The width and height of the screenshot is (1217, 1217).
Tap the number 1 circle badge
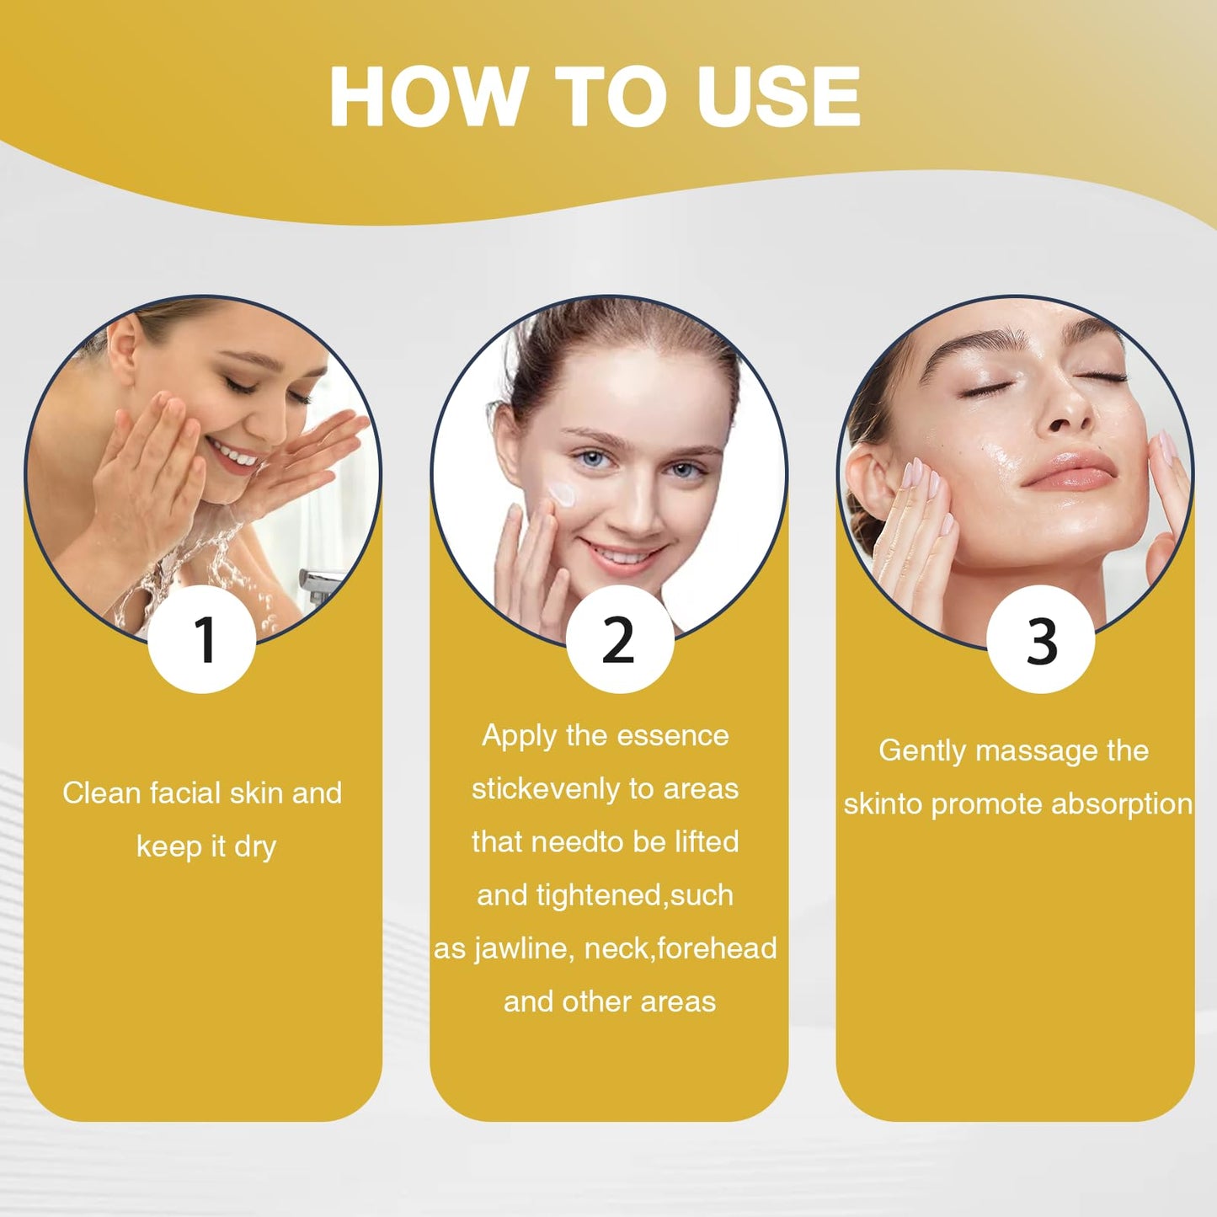(202, 639)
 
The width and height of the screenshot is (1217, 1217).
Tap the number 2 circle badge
(620, 639)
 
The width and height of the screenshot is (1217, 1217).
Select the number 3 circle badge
(1041, 639)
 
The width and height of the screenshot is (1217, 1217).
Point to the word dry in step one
(255, 847)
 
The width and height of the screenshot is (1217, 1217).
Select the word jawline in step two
(523, 949)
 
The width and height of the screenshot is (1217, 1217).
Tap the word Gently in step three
(923, 752)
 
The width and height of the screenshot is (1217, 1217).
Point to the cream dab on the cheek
(562, 494)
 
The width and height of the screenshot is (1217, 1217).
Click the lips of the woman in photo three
(1067, 471)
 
